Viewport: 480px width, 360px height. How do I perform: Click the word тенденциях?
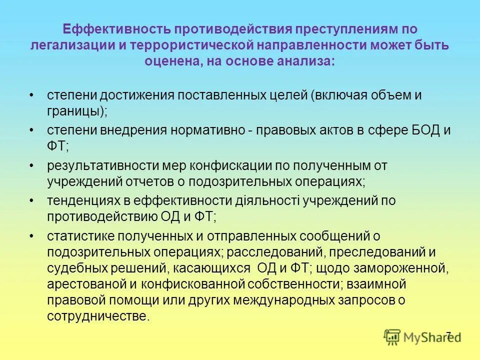coord(81,200)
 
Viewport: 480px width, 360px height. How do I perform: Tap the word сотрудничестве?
coord(97,316)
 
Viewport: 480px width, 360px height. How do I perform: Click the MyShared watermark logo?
coord(422,336)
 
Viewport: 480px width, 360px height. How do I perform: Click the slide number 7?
coord(448,334)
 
